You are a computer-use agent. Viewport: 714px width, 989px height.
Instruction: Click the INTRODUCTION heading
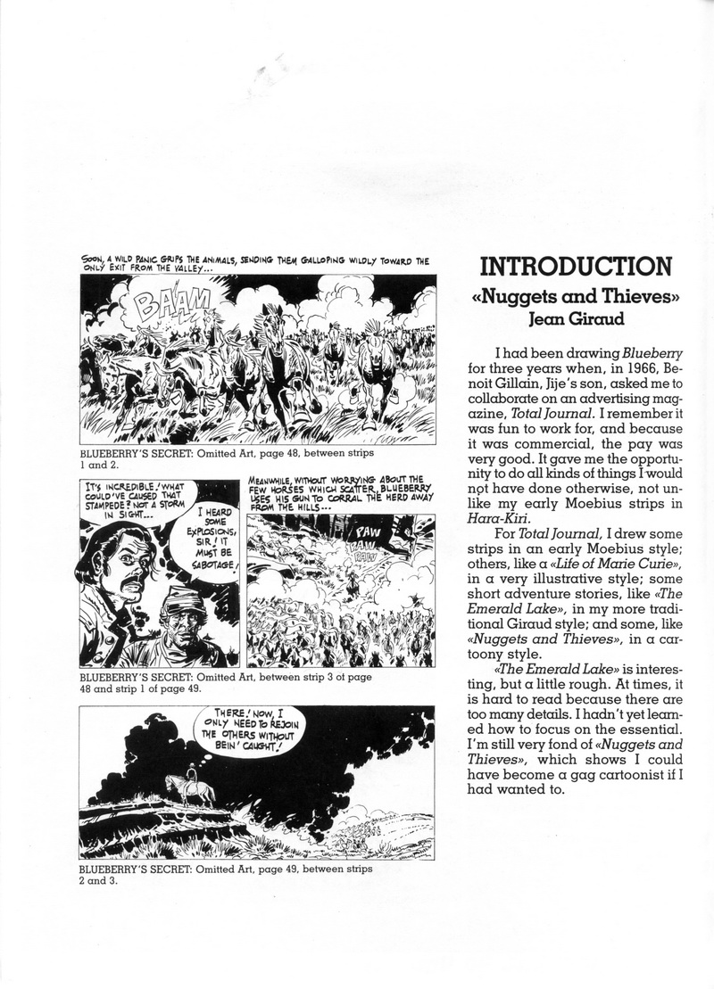tap(577, 268)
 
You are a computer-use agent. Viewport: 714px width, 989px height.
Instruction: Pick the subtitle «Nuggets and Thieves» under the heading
tap(576, 297)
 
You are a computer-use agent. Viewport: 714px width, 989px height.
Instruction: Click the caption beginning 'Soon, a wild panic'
tap(254, 266)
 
